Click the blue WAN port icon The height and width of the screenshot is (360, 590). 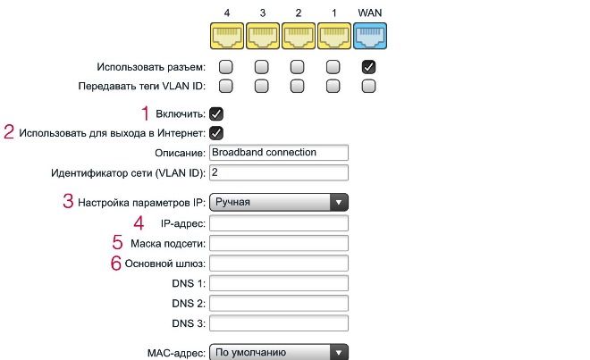[370, 36]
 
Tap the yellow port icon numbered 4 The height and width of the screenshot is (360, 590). [227, 36]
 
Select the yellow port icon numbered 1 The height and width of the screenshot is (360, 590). [334, 36]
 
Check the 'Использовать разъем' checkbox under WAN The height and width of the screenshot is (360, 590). [368, 67]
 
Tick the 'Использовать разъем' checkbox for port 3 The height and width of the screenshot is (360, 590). [262, 67]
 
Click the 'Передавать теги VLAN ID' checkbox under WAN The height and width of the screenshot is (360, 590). [368, 86]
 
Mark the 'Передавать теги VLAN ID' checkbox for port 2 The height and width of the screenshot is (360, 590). [298, 86]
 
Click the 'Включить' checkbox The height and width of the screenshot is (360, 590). [216, 113]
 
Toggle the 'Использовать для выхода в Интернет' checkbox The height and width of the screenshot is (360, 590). [216, 133]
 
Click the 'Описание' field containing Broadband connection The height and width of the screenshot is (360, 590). [279, 153]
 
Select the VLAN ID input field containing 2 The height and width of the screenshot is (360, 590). [279, 172]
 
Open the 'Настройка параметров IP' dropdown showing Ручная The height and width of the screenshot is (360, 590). [279, 203]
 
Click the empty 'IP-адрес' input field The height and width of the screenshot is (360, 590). [279, 223]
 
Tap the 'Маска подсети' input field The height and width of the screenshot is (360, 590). [279, 243]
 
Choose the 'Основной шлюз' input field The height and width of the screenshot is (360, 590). [279, 264]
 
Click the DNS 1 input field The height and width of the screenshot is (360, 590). [279, 283]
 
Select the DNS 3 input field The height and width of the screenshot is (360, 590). [279, 323]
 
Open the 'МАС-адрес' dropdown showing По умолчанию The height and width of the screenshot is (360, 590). [279, 353]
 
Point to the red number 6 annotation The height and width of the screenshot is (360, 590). [116, 263]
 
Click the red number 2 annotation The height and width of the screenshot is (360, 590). [9, 132]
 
